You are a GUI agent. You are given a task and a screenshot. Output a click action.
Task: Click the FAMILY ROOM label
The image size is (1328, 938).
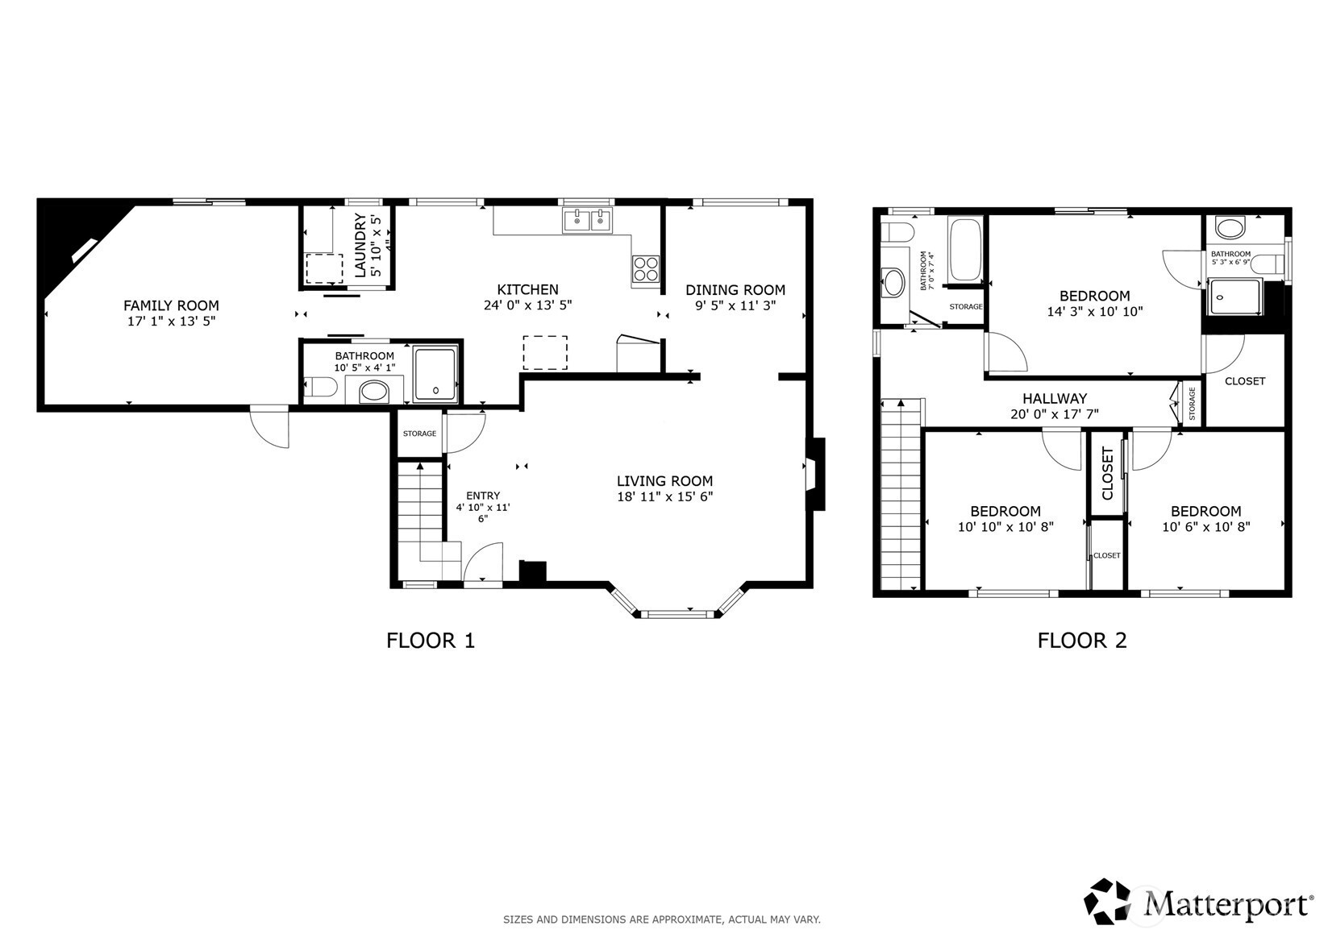point(171,305)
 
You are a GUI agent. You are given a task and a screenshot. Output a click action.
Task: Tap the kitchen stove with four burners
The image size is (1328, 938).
point(646,268)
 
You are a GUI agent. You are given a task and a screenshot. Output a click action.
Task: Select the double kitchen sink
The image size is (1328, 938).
point(587,221)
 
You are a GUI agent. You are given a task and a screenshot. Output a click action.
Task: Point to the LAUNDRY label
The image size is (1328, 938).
point(360,245)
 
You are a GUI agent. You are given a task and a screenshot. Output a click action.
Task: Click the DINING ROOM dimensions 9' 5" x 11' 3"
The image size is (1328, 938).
point(735,305)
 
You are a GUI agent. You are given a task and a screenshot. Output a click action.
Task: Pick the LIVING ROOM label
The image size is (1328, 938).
point(664,481)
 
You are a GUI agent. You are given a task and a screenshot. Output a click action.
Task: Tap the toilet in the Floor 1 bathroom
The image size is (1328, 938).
point(320,388)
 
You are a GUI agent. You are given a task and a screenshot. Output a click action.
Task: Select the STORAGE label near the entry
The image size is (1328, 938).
point(420,434)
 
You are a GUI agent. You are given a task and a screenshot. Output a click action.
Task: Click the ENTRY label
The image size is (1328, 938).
point(483,496)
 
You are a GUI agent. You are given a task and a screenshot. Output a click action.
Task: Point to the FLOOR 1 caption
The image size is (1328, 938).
point(431,641)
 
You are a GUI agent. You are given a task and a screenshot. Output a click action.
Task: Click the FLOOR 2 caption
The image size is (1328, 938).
point(1082,641)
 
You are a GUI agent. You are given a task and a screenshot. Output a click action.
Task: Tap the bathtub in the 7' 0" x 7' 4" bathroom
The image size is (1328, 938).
point(965,250)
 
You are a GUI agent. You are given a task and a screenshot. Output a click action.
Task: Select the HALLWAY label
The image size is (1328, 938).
point(1055,399)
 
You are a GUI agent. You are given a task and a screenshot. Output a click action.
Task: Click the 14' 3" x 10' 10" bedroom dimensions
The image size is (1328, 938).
point(1094,312)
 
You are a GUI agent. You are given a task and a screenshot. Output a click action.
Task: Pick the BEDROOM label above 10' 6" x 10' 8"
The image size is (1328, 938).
point(1206,512)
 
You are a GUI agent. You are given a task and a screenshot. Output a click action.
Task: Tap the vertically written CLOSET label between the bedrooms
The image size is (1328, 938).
point(1107,474)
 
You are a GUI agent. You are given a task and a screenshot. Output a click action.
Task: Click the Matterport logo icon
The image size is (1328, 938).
point(1107,902)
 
